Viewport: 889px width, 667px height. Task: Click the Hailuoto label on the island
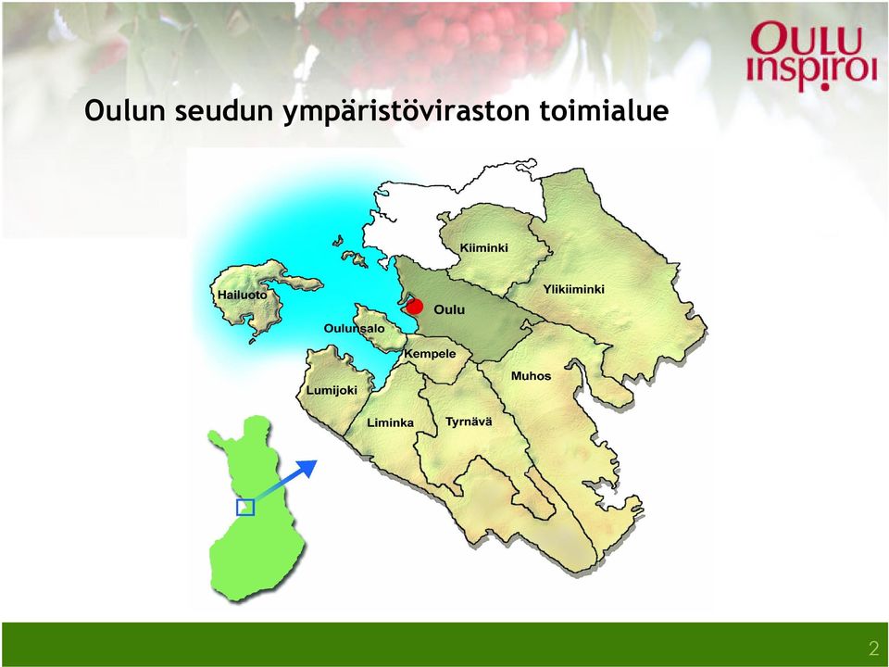coord(242,295)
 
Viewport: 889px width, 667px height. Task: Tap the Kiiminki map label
coord(483,248)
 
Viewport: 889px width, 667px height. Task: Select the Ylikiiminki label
coord(574,289)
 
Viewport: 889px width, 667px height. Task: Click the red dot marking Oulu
coord(415,307)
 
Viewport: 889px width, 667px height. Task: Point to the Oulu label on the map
coord(449,309)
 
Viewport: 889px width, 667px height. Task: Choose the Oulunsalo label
coord(354,328)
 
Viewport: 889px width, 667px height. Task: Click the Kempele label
coord(430,354)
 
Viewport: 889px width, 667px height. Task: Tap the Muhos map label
coord(531,376)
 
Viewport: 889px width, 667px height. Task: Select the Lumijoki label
coord(332,391)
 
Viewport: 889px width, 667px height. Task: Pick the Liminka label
coord(390,422)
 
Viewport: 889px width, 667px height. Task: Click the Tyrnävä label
coord(469,422)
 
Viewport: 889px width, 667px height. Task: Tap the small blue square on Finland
coord(244,508)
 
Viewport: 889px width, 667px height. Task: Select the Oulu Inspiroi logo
coord(812,56)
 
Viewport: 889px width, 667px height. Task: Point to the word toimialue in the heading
coord(604,110)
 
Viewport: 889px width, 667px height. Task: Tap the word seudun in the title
coord(224,110)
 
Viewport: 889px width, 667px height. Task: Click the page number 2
coord(873,648)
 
